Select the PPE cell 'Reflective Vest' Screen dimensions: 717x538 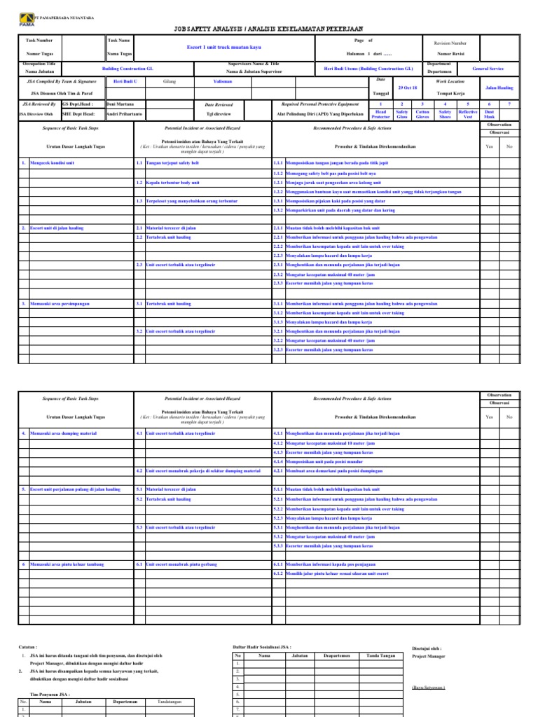pos(467,114)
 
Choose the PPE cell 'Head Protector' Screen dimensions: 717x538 pos(381,114)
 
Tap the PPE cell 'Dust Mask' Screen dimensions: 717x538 pos(489,114)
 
